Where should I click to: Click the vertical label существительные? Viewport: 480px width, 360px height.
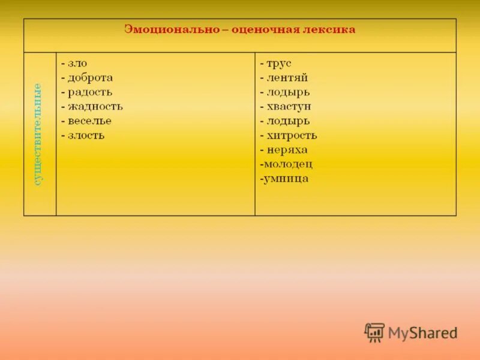[x=38, y=134]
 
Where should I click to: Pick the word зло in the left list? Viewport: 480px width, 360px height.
[x=77, y=63]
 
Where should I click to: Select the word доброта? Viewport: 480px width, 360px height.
[x=90, y=77]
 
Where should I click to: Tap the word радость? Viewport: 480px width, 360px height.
[x=90, y=92]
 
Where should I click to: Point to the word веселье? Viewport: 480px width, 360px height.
[x=89, y=121]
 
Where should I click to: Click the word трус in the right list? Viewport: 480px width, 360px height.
[x=279, y=63]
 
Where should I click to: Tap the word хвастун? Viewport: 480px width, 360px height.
[x=289, y=106]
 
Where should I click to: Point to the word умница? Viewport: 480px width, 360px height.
[x=286, y=178]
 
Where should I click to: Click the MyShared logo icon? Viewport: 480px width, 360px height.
[x=374, y=332]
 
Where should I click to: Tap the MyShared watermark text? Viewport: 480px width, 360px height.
[x=422, y=332]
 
